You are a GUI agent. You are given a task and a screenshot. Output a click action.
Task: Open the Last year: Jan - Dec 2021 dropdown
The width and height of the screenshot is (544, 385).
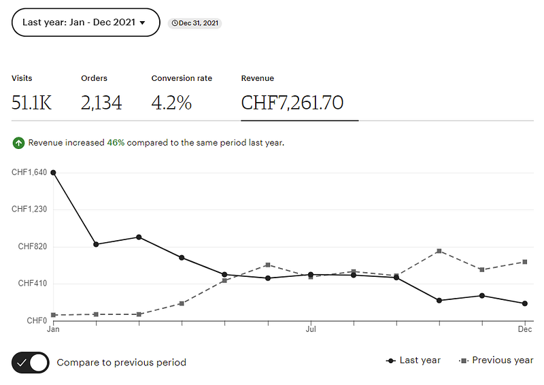pos(86,22)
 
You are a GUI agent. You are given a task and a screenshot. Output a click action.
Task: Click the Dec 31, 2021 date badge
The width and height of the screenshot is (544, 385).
pos(194,23)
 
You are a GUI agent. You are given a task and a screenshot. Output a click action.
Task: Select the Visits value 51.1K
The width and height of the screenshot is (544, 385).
pos(31,103)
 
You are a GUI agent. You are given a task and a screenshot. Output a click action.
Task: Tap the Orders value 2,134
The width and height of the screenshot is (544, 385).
pos(101,103)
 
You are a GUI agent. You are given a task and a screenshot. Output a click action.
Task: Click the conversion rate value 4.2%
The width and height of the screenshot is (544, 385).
pos(171,103)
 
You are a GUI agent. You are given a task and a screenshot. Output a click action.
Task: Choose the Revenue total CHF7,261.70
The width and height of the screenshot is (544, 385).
pos(292,103)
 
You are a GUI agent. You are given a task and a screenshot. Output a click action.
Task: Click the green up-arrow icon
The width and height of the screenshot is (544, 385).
pos(18,143)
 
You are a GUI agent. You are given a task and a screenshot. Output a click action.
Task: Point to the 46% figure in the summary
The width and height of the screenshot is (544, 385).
pos(116,143)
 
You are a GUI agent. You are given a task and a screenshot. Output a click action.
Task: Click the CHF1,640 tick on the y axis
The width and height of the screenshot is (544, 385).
pos(29,173)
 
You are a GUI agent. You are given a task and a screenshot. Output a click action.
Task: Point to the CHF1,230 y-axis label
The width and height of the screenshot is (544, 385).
pos(29,210)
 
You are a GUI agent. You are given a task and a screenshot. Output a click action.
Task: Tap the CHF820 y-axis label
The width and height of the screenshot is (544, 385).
pos(33,246)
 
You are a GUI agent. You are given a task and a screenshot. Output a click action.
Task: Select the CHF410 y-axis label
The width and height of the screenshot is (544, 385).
pos(33,283)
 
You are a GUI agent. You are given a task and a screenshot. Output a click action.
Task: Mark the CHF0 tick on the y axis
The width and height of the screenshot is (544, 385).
pos(37,320)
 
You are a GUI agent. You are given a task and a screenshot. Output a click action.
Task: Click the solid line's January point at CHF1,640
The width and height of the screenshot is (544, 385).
pos(53,173)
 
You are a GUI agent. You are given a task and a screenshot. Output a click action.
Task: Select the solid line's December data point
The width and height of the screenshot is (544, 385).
pos(525,303)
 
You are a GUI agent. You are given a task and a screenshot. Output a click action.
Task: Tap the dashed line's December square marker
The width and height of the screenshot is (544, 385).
pos(525,261)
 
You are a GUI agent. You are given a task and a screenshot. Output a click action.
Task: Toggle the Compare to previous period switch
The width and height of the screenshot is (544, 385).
pos(31,363)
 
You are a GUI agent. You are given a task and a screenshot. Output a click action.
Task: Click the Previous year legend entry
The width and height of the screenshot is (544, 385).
pos(497,361)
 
